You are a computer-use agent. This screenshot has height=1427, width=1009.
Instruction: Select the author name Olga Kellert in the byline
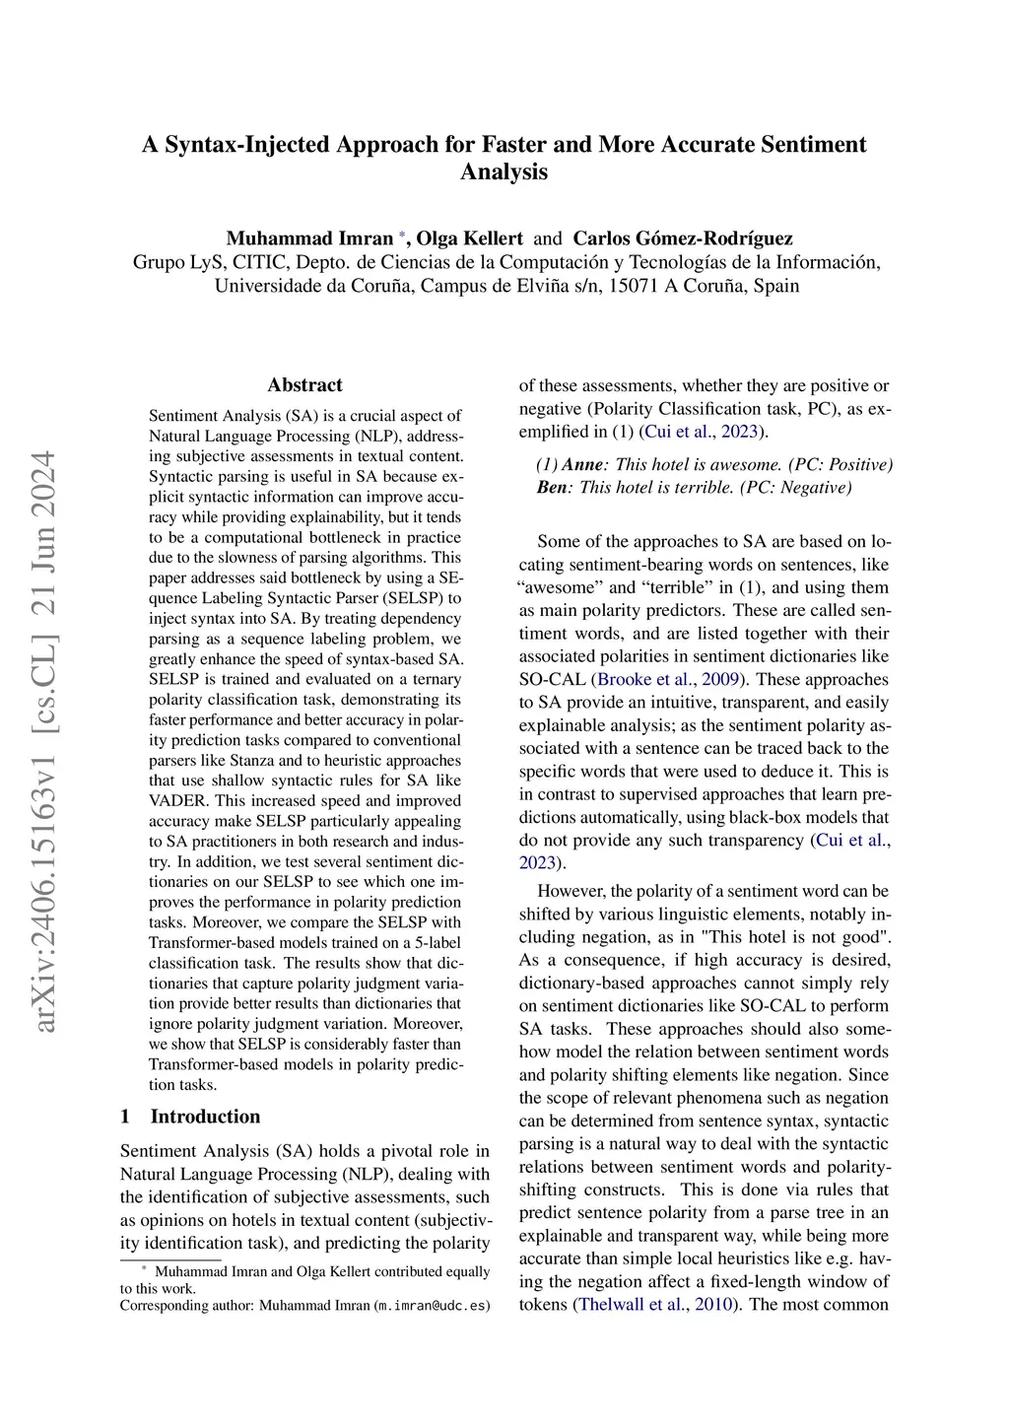470,238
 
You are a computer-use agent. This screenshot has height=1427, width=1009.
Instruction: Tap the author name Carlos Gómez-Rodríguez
683,238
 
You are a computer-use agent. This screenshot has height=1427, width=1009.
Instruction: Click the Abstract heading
305,385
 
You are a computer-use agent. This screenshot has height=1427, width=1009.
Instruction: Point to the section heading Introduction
205,1117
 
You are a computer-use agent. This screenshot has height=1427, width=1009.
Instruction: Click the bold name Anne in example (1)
581,464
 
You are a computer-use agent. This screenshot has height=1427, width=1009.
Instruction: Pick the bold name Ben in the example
553,488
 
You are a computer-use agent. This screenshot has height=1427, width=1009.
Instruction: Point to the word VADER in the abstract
177,801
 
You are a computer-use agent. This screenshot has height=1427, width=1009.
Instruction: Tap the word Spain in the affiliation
776,287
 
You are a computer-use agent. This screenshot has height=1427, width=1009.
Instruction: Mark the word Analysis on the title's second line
504,172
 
